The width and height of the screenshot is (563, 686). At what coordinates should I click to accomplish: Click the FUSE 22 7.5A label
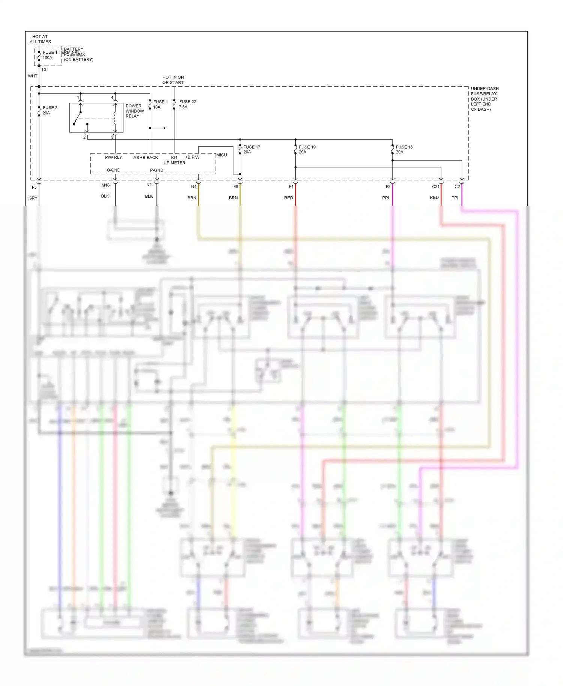tap(187, 104)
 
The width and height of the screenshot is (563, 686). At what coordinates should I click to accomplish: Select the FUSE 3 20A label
tap(50, 110)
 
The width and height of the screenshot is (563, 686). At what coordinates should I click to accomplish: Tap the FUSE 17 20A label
tap(251, 149)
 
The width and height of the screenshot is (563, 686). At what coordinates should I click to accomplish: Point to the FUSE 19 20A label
tap(307, 149)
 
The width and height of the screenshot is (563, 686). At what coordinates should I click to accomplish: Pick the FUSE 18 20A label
tap(404, 149)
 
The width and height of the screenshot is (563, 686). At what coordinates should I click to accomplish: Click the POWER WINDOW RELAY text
tap(134, 111)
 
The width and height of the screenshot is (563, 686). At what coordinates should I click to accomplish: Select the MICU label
tap(221, 155)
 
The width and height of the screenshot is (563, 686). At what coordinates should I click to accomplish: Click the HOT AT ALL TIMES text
tap(40, 39)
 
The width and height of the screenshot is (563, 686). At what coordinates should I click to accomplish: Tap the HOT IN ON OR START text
tap(173, 80)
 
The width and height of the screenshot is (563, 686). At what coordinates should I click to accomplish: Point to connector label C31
tap(435, 187)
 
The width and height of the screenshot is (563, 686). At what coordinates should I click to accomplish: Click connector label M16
tap(105, 185)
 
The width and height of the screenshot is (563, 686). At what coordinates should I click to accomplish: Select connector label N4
tap(194, 187)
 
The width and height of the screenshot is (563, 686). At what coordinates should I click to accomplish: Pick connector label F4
tap(291, 187)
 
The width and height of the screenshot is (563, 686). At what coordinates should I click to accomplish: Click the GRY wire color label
tap(33, 198)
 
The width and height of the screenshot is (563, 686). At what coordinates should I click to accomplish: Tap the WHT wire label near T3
tap(33, 76)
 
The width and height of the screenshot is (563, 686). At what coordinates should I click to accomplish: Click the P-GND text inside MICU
tap(157, 170)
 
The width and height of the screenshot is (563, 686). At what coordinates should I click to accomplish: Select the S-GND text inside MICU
tap(114, 170)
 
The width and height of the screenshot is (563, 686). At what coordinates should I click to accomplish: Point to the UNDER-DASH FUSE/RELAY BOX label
tap(484, 99)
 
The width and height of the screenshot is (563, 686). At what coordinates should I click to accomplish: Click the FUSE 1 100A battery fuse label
tap(50, 55)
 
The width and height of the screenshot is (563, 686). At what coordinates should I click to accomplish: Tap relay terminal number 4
tap(112, 98)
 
